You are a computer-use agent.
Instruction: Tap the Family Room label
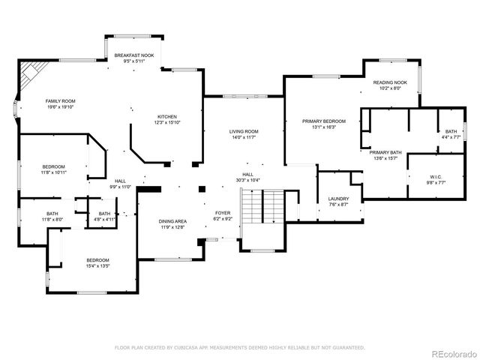61,100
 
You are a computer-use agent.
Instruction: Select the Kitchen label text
166,116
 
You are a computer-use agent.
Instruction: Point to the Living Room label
244,132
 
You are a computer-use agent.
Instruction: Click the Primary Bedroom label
324,121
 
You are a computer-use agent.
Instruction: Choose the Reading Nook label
390,82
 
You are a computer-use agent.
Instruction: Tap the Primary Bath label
385,152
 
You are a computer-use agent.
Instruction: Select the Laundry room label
338,199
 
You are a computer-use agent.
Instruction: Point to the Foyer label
223,213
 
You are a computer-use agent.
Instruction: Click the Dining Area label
172,221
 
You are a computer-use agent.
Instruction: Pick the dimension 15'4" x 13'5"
97,265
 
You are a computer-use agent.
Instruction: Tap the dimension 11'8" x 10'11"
53,172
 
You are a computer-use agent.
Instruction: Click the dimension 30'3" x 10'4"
247,180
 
